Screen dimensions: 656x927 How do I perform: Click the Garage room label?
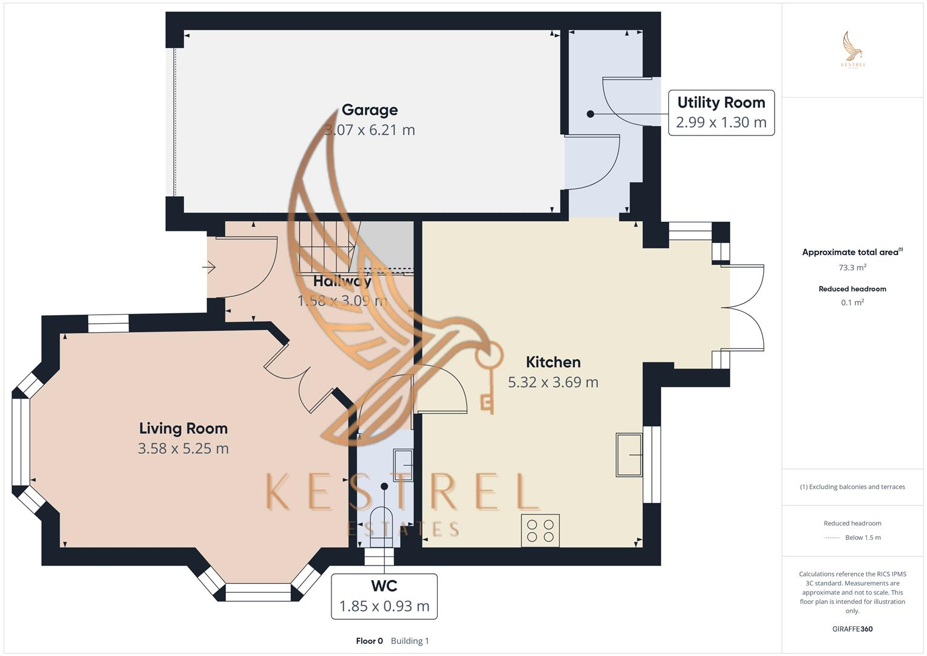coord(370,110)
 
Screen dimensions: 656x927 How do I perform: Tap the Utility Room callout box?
coord(721,112)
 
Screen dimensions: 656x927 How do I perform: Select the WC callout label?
coord(384,596)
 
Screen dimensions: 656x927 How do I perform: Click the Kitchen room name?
coord(553,362)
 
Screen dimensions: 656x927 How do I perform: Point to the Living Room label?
coord(183,428)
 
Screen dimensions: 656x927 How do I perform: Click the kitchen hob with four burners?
coord(540,530)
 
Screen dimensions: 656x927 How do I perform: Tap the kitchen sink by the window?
coord(630,454)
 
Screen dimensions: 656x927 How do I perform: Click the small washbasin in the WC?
coord(403,465)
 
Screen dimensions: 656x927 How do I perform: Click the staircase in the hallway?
coord(325,247)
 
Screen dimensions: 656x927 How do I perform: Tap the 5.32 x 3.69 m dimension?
coord(553,382)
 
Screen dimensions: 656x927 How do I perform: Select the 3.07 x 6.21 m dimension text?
coord(370,130)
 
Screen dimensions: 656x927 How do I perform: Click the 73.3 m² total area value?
coord(852,267)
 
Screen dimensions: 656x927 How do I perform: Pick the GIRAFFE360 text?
coord(852,629)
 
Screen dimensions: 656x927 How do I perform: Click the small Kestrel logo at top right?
coord(853,49)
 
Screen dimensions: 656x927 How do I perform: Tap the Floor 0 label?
coord(369,641)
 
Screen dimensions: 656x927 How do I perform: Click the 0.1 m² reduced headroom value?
coord(852,302)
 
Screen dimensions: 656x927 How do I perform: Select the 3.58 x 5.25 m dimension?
coord(183,449)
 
